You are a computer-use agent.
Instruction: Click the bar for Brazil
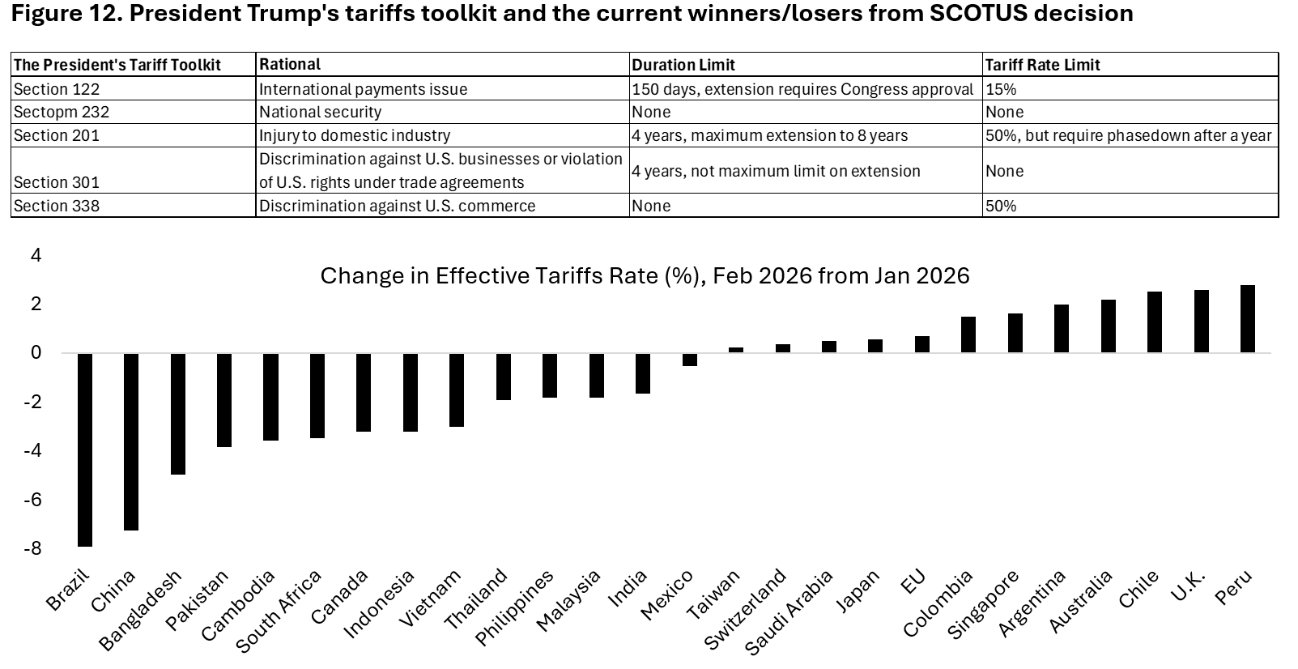click(84, 450)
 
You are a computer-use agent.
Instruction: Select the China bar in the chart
click(131, 441)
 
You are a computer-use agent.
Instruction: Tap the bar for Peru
click(1248, 319)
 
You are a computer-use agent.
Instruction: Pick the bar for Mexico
click(690, 360)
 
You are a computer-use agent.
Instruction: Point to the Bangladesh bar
click(177, 413)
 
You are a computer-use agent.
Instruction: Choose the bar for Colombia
click(968, 334)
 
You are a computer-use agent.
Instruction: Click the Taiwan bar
click(736, 350)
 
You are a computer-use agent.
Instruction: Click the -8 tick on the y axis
click(32, 548)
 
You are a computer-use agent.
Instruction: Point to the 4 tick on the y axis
click(35, 255)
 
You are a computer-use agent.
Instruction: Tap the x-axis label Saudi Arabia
click(789, 611)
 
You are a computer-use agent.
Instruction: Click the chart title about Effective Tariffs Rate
click(645, 276)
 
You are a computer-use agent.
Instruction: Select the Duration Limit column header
click(683, 65)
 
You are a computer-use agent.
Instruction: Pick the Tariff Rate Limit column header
click(1043, 65)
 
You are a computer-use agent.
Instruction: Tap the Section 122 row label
click(57, 89)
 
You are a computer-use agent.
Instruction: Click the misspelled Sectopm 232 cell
click(62, 112)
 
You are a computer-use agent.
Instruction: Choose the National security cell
click(320, 112)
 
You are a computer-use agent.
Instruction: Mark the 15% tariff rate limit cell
click(1001, 89)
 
